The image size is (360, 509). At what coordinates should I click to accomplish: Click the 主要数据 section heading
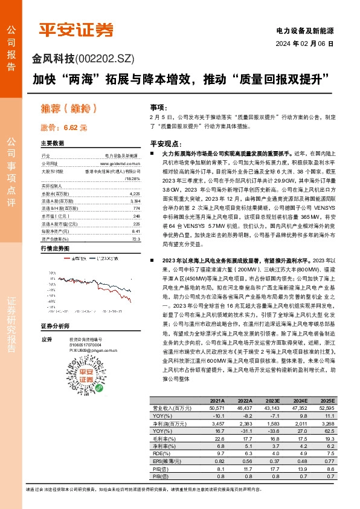[x=52, y=144]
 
